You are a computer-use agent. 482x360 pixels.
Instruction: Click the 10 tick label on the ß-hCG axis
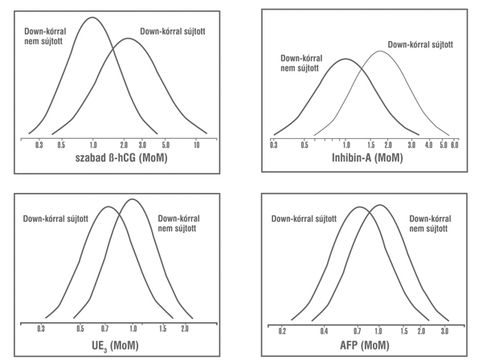tap(196, 146)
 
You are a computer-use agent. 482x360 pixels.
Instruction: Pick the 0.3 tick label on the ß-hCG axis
tap(39, 146)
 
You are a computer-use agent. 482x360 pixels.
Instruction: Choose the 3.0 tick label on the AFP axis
tap(444, 329)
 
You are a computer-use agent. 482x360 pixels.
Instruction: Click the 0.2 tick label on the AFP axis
tap(282, 329)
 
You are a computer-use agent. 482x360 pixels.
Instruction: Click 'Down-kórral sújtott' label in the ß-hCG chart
tap(173, 31)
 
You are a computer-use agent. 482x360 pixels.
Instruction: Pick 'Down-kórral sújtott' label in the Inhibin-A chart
tap(419, 46)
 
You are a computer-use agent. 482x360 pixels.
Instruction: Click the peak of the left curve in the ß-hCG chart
tap(90, 18)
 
